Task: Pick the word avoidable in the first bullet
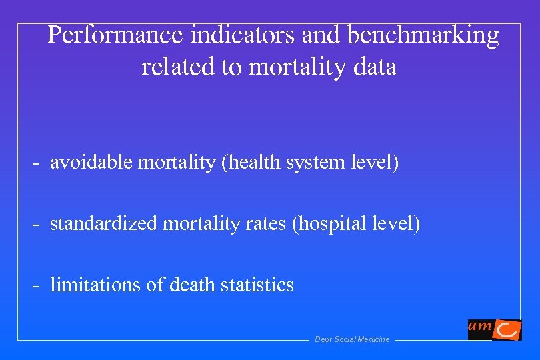click(x=92, y=163)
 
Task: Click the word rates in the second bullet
click(x=267, y=225)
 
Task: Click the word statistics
click(x=257, y=285)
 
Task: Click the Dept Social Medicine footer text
click(x=352, y=340)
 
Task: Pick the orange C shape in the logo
click(x=509, y=330)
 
